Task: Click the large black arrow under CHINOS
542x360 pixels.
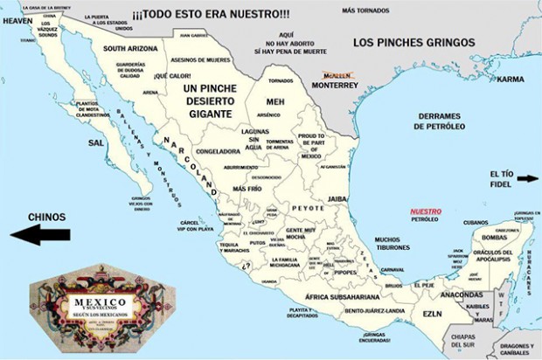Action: [x=39, y=234]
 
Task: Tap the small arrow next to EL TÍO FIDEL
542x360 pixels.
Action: [x=527, y=179]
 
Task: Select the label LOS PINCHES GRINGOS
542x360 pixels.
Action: [x=413, y=42]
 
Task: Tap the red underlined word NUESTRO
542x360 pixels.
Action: [x=426, y=211]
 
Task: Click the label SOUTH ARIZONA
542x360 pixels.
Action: [x=130, y=49]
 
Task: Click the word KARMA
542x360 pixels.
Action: [x=510, y=79]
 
